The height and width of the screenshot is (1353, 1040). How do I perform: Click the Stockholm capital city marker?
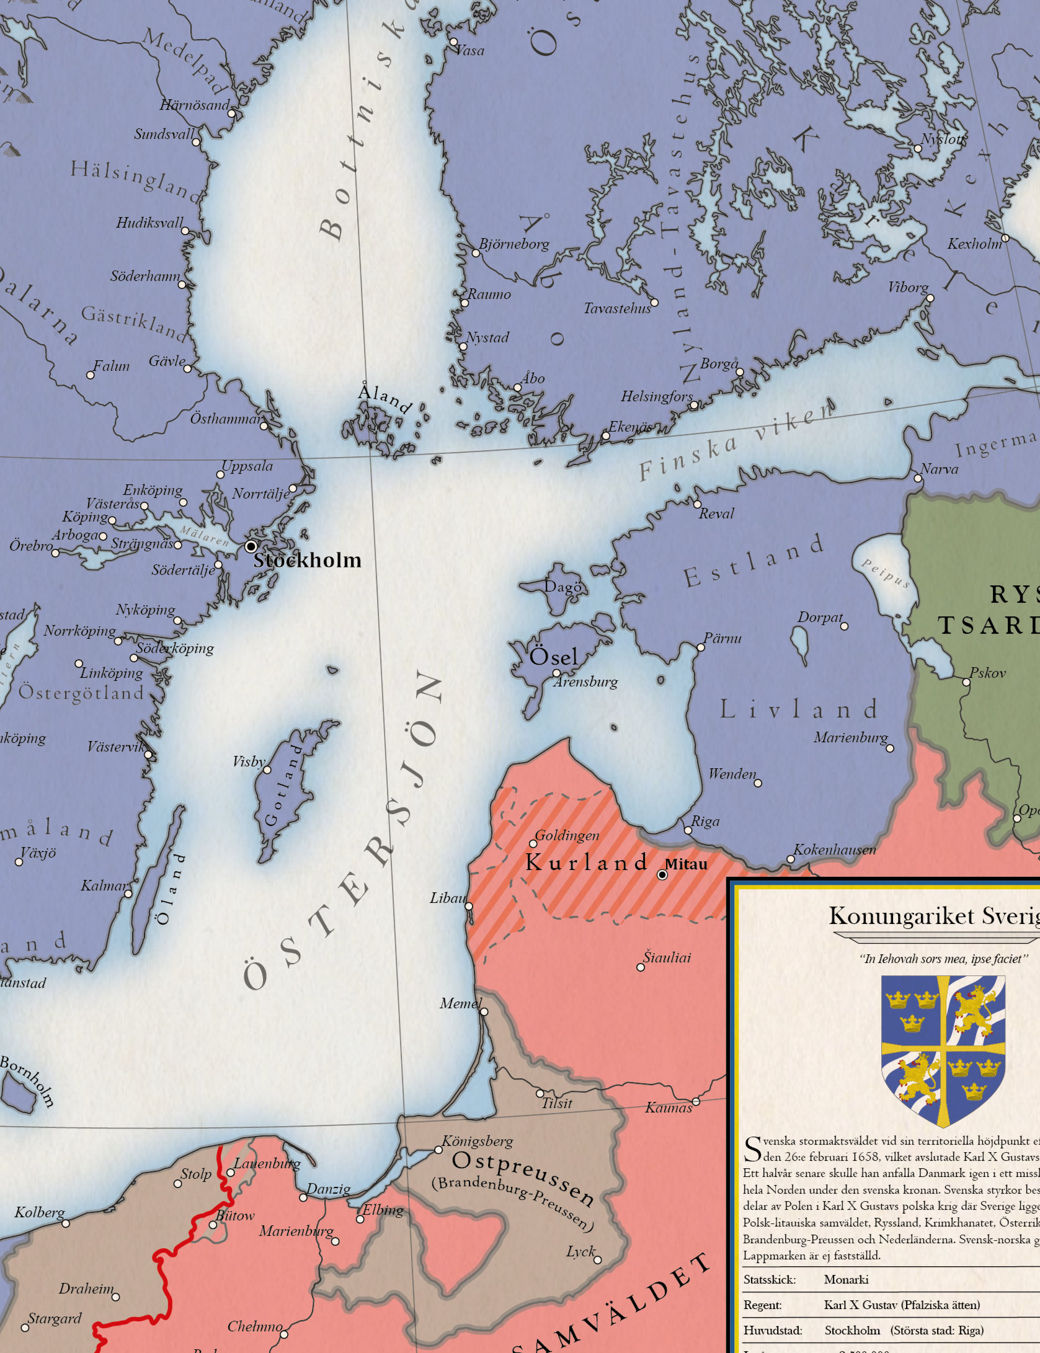251,546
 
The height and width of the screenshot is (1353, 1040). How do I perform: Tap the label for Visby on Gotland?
249,761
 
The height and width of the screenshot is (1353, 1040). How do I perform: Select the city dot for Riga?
688,830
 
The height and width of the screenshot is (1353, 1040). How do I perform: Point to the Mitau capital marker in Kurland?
662,875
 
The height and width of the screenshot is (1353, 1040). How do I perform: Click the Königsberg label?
478,1141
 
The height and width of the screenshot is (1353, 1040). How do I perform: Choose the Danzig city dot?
303,1197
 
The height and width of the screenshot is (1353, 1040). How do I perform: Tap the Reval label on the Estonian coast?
716,513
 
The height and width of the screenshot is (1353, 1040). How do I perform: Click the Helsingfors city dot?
694,406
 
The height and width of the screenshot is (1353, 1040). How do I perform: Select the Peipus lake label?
885,572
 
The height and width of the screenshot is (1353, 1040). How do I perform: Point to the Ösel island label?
553,656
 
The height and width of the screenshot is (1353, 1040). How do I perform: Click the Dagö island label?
563,587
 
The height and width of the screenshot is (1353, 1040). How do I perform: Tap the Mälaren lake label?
205,535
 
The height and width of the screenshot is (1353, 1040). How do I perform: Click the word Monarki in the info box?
846,1279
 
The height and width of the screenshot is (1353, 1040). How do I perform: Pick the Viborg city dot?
930,298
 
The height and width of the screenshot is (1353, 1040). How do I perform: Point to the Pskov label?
987,673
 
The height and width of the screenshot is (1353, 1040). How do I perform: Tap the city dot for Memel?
484,1011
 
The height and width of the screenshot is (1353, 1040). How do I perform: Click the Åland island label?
384,397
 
